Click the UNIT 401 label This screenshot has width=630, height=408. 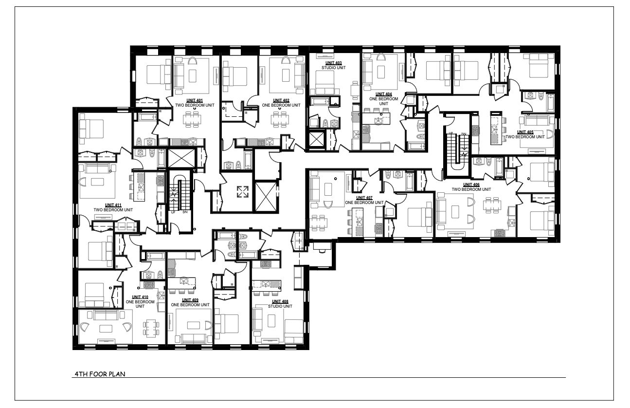[195, 103]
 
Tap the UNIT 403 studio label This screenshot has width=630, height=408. [334, 65]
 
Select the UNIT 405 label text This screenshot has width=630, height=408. [525, 134]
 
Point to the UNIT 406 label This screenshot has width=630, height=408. [471, 187]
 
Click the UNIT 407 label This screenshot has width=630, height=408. [364, 200]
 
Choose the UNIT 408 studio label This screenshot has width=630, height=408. [280, 304]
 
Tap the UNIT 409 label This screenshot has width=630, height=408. [190, 302]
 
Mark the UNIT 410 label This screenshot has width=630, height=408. [140, 302]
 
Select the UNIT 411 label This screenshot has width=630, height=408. [113, 207]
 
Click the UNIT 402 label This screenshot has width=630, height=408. [281, 103]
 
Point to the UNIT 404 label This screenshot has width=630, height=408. [384, 99]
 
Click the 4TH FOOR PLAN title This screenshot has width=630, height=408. [100, 374]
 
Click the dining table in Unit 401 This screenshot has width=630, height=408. [192, 119]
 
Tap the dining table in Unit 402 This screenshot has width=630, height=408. [280, 119]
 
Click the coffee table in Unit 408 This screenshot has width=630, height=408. [271, 321]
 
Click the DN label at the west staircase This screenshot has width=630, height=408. [185, 212]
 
